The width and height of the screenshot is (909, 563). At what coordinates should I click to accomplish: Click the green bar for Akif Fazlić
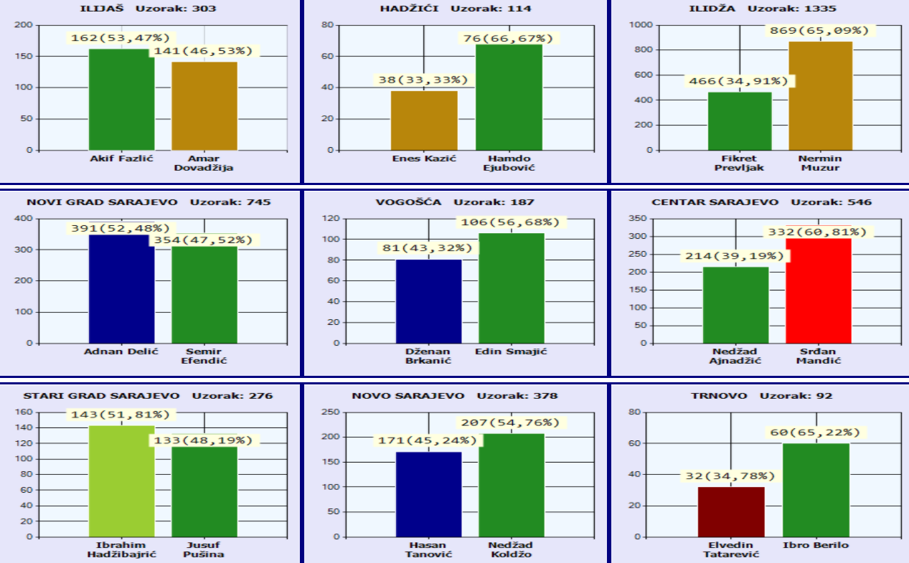(121, 100)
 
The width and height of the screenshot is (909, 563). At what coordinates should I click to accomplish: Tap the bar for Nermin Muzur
(820, 96)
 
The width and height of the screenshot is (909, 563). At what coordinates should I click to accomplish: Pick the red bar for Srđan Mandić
(819, 290)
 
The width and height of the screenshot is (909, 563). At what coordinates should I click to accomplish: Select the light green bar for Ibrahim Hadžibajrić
(121, 481)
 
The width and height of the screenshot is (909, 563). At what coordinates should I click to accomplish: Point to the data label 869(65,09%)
(819, 31)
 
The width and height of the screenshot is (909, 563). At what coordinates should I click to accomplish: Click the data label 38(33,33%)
(423, 80)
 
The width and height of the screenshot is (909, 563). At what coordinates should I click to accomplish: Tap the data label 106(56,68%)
(512, 222)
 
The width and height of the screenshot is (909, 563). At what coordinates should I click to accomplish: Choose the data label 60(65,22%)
(816, 432)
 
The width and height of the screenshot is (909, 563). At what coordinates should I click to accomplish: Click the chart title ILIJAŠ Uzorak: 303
(148, 9)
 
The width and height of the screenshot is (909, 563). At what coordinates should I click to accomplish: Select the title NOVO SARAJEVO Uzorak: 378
(454, 396)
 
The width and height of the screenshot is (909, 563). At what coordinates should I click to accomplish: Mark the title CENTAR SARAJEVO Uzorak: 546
(761, 202)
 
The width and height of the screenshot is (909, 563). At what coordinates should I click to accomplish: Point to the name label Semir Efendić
(204, 356)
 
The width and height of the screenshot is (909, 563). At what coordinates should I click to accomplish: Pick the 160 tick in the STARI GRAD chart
(24, 412)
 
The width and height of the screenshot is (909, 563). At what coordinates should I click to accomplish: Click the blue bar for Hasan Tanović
(428, 494)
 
